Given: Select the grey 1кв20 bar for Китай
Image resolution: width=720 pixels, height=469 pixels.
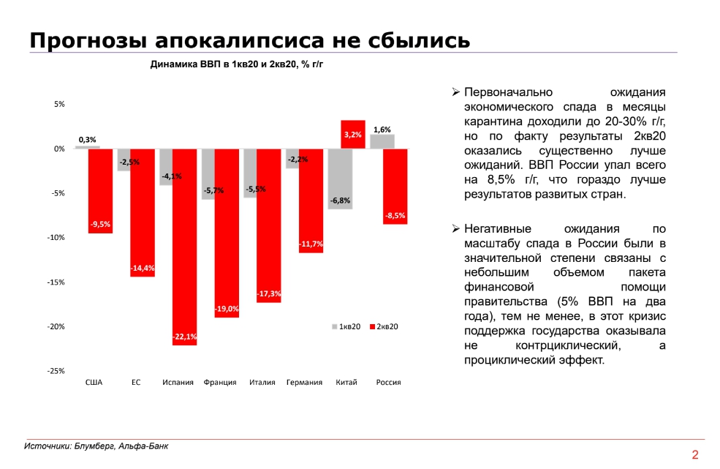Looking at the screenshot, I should tap(340, 179).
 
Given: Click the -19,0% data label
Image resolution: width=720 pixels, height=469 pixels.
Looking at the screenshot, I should tap(227, 309).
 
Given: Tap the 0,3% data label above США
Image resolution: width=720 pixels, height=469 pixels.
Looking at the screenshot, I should tap(88, 139).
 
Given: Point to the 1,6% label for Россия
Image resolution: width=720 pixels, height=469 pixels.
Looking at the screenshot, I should tap(382, 130).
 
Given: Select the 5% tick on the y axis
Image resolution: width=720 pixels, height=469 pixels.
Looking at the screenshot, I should tap(59, 105).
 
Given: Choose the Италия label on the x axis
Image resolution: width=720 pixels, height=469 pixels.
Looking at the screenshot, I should tap(262, 383).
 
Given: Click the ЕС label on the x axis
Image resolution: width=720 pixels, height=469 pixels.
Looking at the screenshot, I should tap(136, 383).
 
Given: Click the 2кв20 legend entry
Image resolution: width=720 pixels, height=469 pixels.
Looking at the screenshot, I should tap(388, 326).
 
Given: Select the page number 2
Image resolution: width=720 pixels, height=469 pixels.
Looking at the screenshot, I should tap(694, 454).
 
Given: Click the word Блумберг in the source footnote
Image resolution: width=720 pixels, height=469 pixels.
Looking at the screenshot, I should tap(94, 446).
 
